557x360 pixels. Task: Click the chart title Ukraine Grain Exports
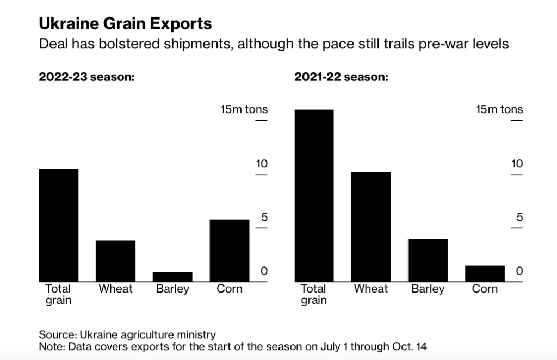[x=125, y=24]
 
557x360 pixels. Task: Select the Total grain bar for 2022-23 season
[x=58, y=225]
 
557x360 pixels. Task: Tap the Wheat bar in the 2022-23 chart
[x=115, y=261]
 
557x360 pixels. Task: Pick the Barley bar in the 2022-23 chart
[x=172, y=277]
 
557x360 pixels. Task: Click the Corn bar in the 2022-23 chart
[x=230, y=251]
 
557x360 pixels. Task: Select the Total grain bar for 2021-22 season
[x=314, y=196]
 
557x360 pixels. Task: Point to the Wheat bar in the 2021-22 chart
[x=371, y=227]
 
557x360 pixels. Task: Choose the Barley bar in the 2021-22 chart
[x=428, y=260]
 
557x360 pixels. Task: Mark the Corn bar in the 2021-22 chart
[x=485, y=274]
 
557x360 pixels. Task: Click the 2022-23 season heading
[x=86, y=77]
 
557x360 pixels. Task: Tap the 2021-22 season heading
[x=342, y=77]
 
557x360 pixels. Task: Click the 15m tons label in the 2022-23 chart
[x=244, y=109]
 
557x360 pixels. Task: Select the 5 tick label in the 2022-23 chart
[x=264, y=218]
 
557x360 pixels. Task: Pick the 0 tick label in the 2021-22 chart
[x=519, y=271]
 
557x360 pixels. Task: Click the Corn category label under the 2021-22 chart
[x=485, y=289]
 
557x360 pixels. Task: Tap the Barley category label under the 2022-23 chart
[x=172, y=289]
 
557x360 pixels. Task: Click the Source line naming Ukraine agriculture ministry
[x=127, y=334]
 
